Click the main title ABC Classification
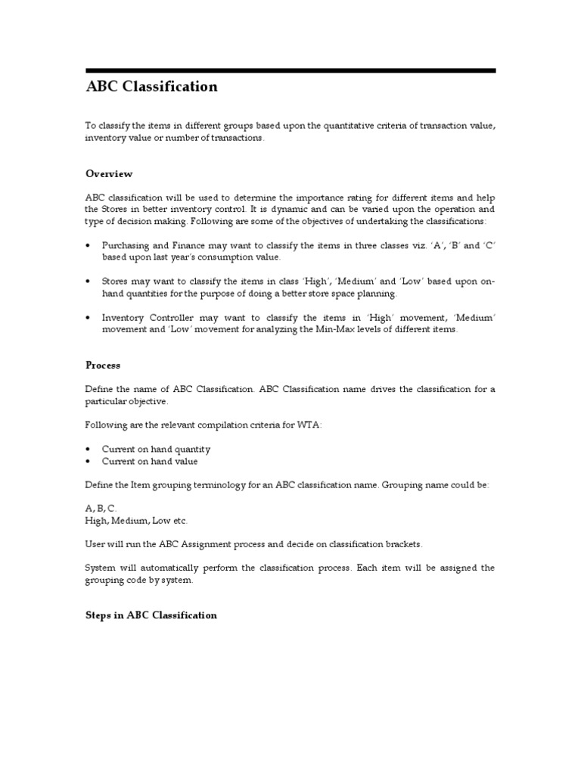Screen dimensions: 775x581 151,87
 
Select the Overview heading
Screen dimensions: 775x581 109,174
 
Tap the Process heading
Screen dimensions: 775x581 103,365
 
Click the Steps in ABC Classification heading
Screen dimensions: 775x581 151,615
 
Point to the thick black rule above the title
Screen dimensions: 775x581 290,70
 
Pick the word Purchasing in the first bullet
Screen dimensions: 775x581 126,246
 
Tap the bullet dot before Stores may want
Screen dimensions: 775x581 89,282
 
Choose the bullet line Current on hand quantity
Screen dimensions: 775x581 156,450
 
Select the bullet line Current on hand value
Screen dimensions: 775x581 150,461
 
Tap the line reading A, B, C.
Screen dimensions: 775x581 101,509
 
